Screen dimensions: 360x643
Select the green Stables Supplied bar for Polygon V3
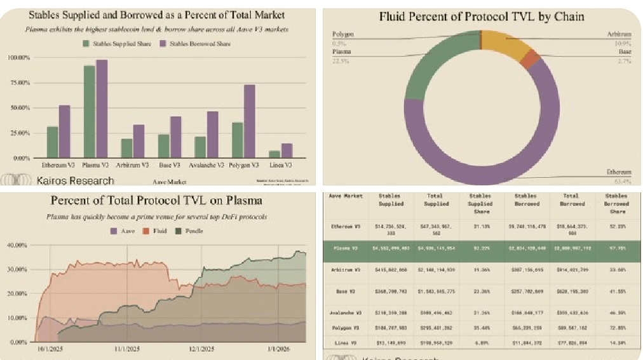pos(237,140)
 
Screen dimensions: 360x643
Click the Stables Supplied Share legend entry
pos(117,43)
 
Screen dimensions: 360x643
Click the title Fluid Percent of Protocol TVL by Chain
pos(482,17)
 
